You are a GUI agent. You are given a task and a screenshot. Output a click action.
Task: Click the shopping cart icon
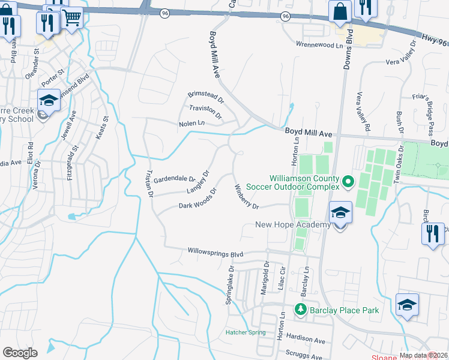tap(72, 19)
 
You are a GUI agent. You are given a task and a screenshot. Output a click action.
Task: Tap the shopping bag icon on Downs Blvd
tap(340, 12)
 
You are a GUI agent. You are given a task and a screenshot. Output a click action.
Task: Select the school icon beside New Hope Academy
tap(340, 213)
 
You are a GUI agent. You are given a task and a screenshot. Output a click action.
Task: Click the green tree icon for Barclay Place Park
tap(301, 310)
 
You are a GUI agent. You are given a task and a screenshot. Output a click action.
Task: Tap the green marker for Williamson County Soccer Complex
tap(348, 180)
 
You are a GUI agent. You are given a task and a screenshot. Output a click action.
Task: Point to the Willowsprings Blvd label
tap(215, 253)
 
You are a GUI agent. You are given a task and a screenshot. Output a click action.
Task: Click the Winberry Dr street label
tap(246, 197)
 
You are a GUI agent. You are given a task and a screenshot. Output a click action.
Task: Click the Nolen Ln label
tap(191, 124)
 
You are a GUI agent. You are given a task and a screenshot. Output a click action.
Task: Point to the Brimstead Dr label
tap(205, 95)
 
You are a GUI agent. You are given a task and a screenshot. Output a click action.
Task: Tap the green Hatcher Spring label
tap(245, 332)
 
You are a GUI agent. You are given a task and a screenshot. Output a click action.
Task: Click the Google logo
tap(20, 353)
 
